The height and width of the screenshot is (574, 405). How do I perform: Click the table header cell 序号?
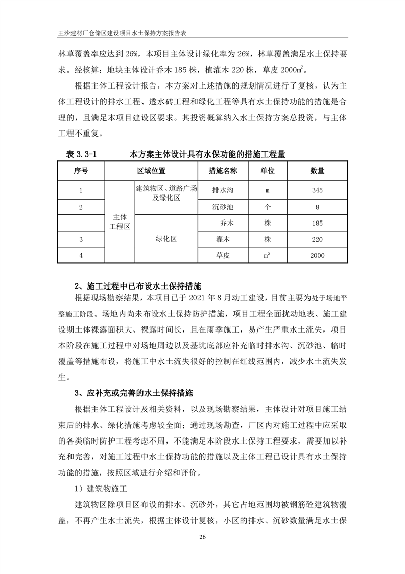click(81, 171)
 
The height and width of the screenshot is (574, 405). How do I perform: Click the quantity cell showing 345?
click(317, 190)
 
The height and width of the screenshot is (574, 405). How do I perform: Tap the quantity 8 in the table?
click(317, 207)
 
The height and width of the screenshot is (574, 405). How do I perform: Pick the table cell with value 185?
click(317, 223)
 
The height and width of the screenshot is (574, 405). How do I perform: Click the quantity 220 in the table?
click(317, 239)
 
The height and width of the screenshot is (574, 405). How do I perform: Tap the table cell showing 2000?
click(317, 255)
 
